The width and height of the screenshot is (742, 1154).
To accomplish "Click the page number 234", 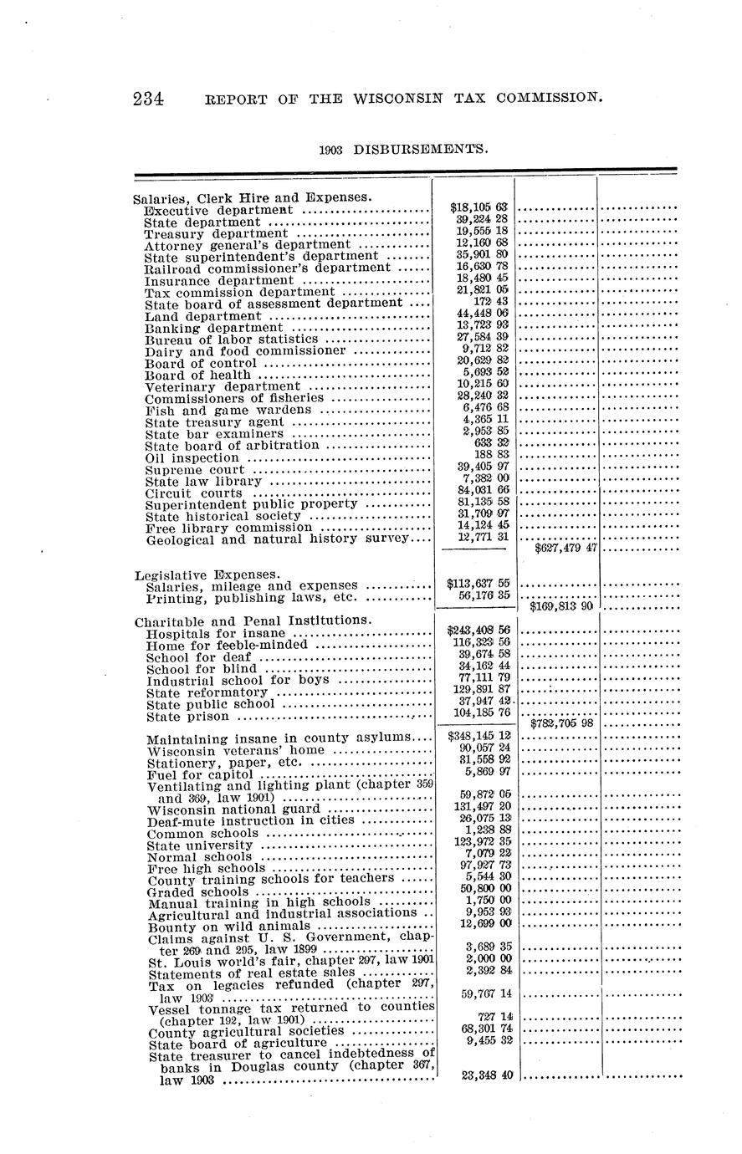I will click(148, 99).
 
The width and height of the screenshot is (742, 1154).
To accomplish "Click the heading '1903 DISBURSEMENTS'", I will click(403, 149).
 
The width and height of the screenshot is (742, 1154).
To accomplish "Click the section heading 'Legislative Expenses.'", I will click(207, 574).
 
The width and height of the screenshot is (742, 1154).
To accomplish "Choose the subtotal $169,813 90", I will click(561, 605).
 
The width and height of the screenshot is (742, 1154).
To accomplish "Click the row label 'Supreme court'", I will click(196, 470).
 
